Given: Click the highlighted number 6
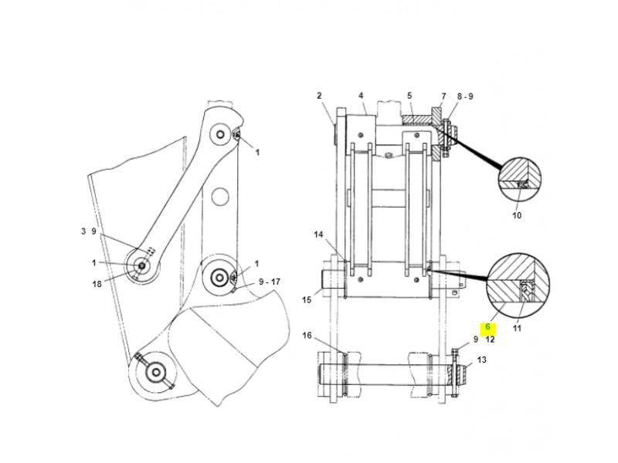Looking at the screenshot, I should tap(487, 327).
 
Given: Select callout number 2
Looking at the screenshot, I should tap(318, 96).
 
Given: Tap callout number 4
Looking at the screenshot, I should tap(361, 96).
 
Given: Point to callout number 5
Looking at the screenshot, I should tap(409, 96).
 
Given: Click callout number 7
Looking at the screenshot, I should tap(443, 96).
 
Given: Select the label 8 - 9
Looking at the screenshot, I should tap(465, 96).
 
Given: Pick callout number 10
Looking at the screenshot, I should tap(517, 215).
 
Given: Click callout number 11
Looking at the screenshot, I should tap(518, 328).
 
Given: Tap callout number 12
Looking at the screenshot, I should tap(491, 339).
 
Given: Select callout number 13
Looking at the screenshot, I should tap(481, 360).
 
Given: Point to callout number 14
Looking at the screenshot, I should tap(318, 234).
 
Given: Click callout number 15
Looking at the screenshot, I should tap(307, 299).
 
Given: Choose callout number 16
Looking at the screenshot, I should tap(307, 336).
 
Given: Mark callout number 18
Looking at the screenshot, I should tap(97, 285).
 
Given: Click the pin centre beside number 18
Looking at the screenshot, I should tap(141, 267).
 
